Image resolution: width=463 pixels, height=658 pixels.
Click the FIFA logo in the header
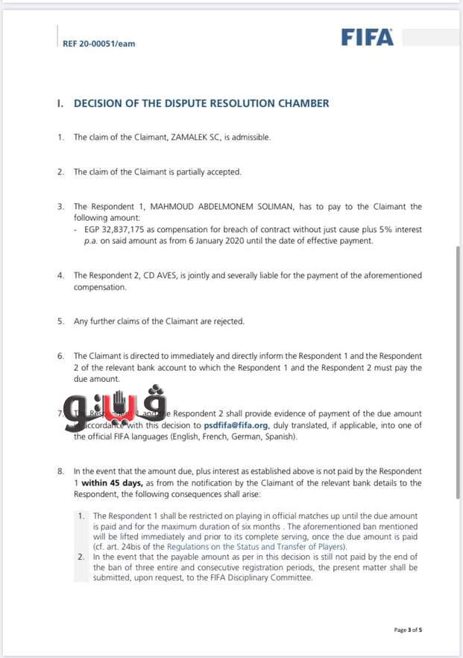point(367,37)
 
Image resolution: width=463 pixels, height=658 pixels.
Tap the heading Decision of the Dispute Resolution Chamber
point(201,104)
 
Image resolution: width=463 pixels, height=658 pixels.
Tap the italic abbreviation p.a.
point(81,241)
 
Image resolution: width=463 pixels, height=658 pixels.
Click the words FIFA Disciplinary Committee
point(261,577)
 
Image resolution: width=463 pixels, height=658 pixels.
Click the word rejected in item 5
point(228,322)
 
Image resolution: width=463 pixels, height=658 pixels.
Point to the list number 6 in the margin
point(60,357)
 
